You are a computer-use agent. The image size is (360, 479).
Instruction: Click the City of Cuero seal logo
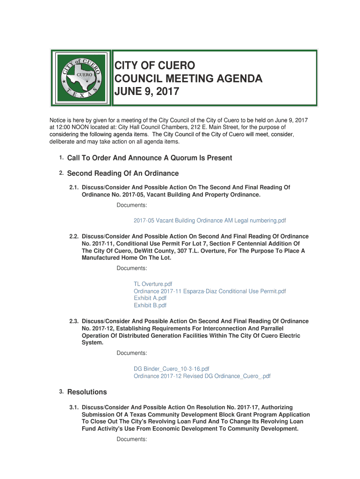(x=81, y=78)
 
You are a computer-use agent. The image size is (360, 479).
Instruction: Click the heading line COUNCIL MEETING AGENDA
(x=188, y=78)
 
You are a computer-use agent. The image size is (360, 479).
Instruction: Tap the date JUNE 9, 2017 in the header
(x=147, y=92)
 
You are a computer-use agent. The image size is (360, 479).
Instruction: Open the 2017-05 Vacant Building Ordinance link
(x=209, y=220)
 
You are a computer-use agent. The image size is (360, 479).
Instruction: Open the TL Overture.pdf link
(x=153, y=284)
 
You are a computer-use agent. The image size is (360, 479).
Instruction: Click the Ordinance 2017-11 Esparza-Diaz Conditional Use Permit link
(x=209, y=291)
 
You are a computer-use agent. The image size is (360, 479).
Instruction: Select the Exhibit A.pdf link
(x=150, y=298)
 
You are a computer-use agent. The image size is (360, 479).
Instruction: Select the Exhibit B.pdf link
(x=150, y=305)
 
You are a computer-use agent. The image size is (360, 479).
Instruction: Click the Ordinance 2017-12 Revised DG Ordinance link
(x=202, y=376)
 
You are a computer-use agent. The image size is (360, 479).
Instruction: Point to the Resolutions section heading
(x=87, y=392)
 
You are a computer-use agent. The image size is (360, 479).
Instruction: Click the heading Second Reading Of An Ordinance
(x=123, y=174)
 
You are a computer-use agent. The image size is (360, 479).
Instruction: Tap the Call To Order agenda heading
(x=150, y=158)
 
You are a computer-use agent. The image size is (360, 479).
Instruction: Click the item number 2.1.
(x=73, y=188)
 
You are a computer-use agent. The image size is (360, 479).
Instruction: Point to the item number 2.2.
(x=73, y=237)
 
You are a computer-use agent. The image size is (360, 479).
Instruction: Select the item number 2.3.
(x=73, y=321)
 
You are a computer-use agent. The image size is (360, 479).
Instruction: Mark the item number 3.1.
(x=73, y=407)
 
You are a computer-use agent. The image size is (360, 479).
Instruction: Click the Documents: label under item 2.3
(x=132, y=353)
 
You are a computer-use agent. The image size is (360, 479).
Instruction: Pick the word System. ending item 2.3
(x=93, y=342)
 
